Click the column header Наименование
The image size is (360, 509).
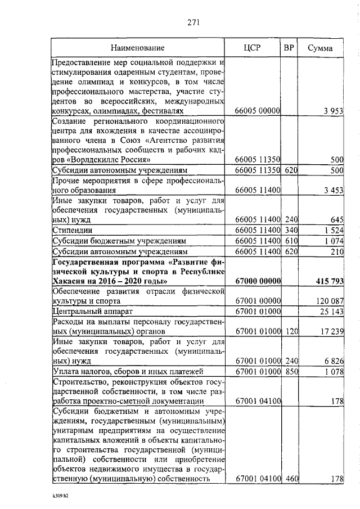click(x=137, y=48)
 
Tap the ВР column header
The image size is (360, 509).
click(x=289, y=48)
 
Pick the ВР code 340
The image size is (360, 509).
click(x=290, y=230)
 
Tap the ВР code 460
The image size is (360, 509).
click(x=290, y=479)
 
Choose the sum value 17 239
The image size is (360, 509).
click(x=330, y=332)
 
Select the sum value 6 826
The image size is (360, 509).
click(x=332, y=361)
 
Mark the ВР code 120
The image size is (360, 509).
click(x=290, y=332)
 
